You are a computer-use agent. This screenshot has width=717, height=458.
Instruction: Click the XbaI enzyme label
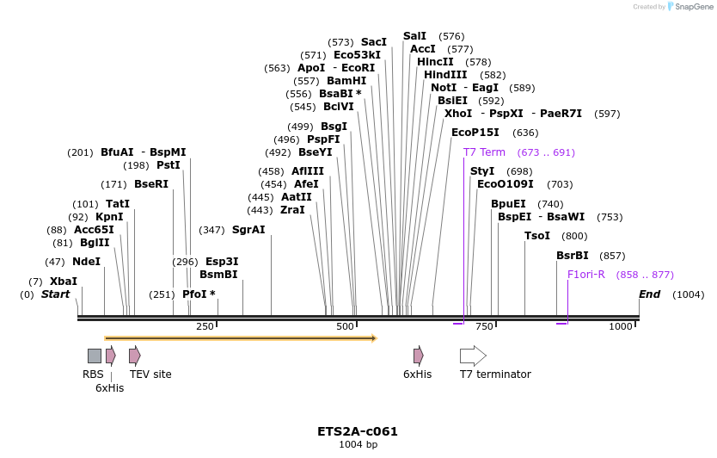(x=64, y=282)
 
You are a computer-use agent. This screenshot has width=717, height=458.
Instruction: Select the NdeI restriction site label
(x=86, y=262)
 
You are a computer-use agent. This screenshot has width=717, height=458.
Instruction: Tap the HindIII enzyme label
(x=445, y=75)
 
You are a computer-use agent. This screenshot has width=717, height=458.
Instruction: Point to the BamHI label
(x=346, y=81)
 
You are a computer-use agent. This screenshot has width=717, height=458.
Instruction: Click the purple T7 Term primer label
(x=484, y=152)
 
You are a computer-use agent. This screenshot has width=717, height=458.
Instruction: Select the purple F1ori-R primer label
(x=586, y=275)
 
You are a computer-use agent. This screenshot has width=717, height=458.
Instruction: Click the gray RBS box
(x=95, y=356)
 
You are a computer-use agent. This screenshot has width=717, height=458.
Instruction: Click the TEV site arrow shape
(x=134, y=356)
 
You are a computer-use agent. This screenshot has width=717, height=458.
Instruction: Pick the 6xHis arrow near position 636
(x=418, y=356)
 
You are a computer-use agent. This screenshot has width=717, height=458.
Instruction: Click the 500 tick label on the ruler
(x=345, y=327)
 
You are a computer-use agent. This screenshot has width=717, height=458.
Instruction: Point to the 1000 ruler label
(x=621, y=327)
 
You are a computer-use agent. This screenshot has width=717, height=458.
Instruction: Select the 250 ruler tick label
(x=205, y=327)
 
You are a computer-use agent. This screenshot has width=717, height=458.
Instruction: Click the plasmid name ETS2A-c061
(x=358, y=431)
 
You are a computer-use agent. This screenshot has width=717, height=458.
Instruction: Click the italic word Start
(x=55, y=294)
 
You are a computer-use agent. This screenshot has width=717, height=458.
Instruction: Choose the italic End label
(x=650, y=294)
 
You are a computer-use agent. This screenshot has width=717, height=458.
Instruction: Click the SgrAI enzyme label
(x=248, y=230)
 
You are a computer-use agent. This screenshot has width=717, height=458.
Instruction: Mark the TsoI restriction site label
(x=537, y=236)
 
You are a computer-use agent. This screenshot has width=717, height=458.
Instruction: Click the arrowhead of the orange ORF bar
(x=374, y=338)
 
